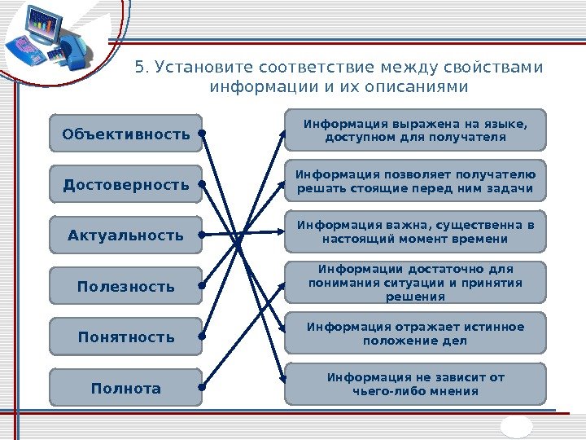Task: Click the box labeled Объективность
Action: [x=125, y=134]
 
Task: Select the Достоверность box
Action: [x=125, y=185]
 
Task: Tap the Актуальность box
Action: [x=125, y=235]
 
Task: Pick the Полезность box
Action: [x=125, y=286]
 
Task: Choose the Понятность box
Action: [x=125, y=337]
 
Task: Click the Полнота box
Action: [x=125, y=388]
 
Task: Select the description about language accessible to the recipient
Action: [x=415, y=130]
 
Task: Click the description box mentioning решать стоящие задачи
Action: [x=415, y=181]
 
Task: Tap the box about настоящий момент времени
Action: [x=415, y=231]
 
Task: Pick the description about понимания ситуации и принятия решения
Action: [x=415, y=282]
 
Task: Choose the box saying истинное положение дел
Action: [x=415, y=333]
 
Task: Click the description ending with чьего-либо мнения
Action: [x=415, y=384]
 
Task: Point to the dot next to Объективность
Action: [x=201, y=134]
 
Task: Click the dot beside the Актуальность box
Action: [x=201, y=235]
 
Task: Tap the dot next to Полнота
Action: [x=201, y=388]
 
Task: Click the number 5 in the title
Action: [x=139, y=66]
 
